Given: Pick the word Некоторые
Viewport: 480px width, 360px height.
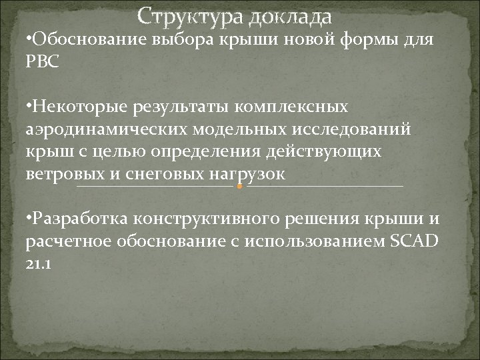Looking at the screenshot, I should click(x=69, y=107).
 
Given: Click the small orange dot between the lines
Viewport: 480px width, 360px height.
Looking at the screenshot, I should click(x=240, y=186).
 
